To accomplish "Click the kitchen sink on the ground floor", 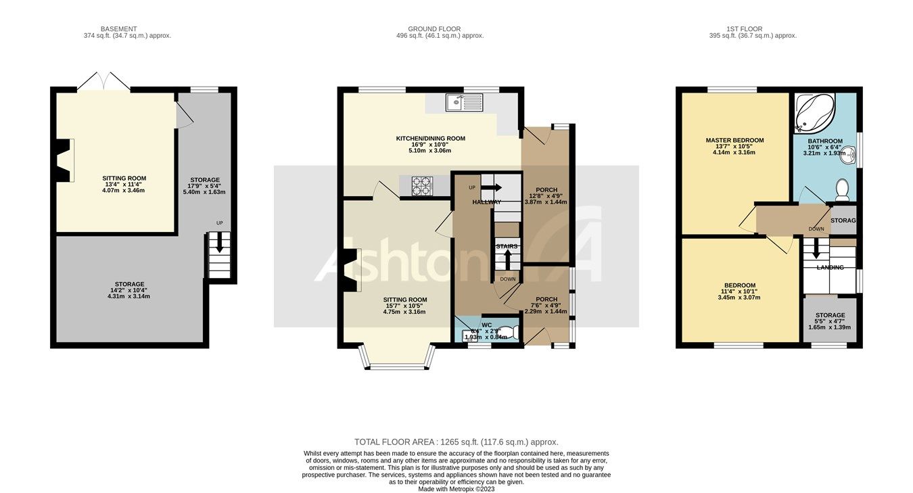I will [x=463, y=103].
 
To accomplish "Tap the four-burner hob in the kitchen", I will [x=423, y=185].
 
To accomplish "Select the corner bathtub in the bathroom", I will [x=813, y=113].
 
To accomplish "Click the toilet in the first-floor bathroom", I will [x=842, y=189].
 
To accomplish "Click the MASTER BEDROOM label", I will [x=734, y=141].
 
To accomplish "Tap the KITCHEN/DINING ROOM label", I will [x=430, y=139].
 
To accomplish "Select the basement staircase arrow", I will [x=219, y=244].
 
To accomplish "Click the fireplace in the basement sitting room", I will [x=64, y=160].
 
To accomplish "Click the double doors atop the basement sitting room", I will [x=103, y=82].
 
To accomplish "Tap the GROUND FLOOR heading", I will [x=434, y=29].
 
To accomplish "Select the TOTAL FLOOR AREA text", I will [x=456, y=442].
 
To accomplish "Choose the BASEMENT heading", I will [x=118, y=29].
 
